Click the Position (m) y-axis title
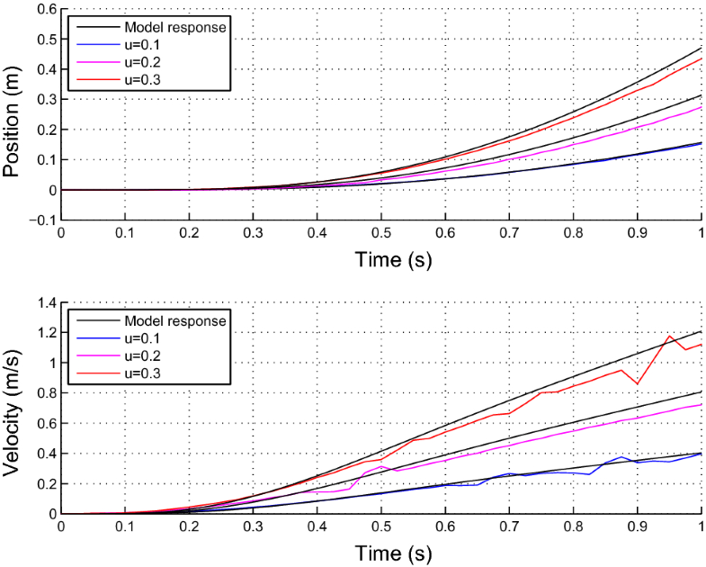tap(12, 113)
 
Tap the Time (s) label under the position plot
tap(381, 258)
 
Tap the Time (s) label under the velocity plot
tap(381, 552)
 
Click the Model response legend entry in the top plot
tap(175, 27)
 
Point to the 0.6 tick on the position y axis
tap(43, 9)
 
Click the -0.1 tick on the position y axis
tap(41, 220)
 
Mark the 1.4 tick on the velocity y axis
tap(43, 302)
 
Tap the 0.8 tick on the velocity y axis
tap(43, 393)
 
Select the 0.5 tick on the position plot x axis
tap(381, 232)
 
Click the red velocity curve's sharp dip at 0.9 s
tap(638, 384)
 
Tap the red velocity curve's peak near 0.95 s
tap(669, 337)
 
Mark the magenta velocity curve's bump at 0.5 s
tap(381, 466)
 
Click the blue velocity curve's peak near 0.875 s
tap(621, 457)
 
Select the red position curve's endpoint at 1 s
tap(701, 59)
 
